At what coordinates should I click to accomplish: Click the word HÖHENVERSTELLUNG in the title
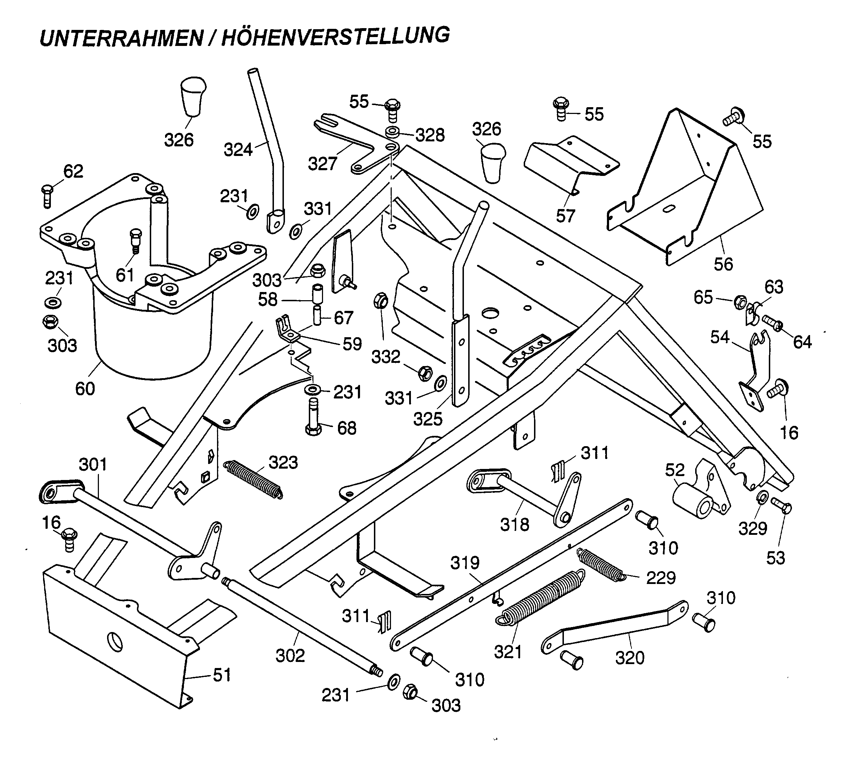(335, 36)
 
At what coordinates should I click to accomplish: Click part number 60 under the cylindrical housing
(85, 388)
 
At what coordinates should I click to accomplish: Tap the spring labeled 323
(253, 480)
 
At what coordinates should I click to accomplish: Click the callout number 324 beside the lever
(238, 150)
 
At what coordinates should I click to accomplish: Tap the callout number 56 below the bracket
(723, 264)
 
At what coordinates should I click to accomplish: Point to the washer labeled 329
(762, 498)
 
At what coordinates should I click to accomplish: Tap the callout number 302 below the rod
(290, 655)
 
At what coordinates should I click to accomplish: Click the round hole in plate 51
(115, 641)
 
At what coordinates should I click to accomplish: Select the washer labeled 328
(393, 132)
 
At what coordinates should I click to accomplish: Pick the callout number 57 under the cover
(565, 216)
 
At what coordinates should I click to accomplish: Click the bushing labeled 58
(316, 294)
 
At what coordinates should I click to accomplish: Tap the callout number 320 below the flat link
(629, 657)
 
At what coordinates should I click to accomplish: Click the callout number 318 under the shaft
(514, 525)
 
